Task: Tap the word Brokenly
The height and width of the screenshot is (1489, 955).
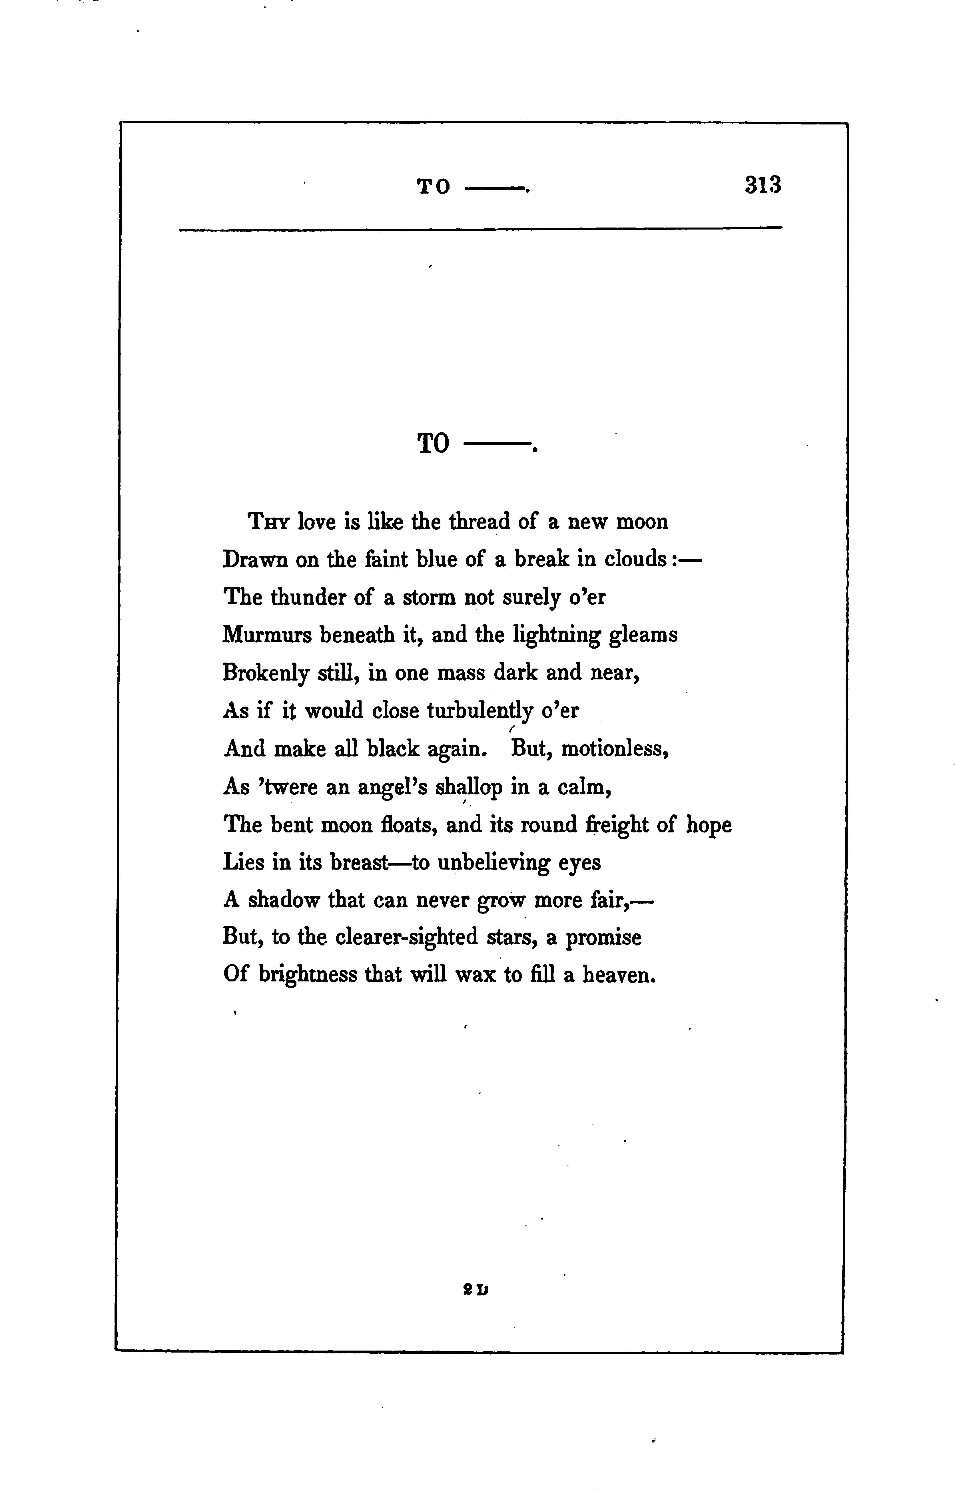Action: pyautogui.click(x=265, y=673)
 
